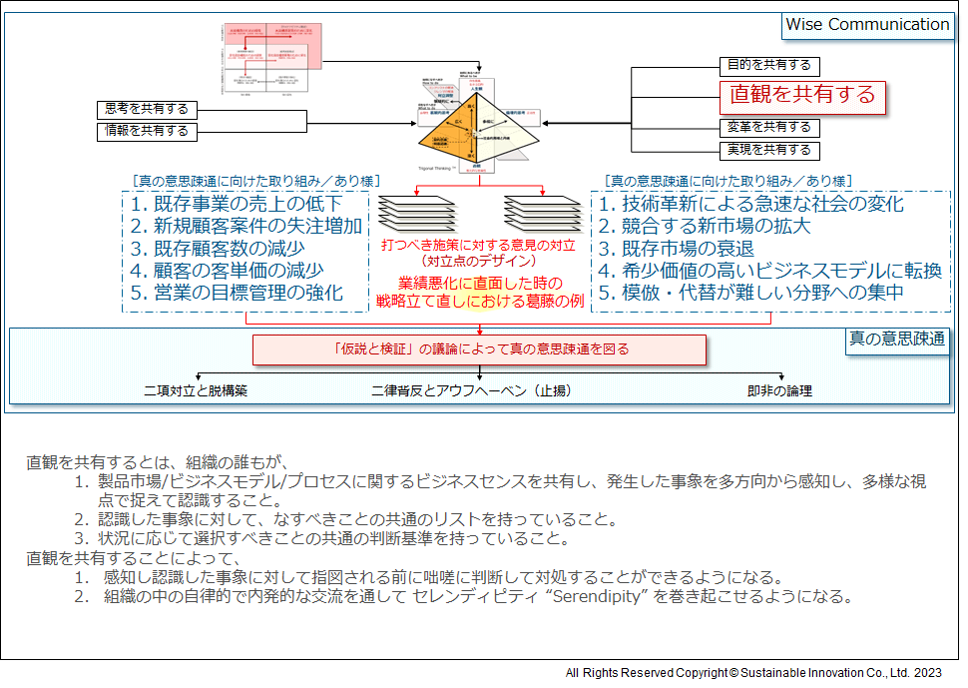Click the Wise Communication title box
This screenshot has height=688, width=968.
coord(867,25)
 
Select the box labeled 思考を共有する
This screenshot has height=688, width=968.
coord(146,109)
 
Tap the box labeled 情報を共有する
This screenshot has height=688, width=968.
coord(146,131)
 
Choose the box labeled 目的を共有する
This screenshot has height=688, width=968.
coord(768,66)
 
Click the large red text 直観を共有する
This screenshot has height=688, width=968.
coord(802,95)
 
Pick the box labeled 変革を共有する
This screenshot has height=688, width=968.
coord(768,128)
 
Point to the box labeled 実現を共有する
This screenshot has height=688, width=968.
coord(768,151)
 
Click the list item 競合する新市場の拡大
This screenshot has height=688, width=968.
coord(705,226)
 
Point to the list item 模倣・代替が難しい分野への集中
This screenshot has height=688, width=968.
coord(751,293)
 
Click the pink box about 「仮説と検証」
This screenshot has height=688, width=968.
coord(479,349)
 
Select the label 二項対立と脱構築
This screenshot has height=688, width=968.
coord(196,390)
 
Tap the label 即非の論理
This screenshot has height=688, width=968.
coord(779,390)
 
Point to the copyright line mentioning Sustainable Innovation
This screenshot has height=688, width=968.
coord(753,673)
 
